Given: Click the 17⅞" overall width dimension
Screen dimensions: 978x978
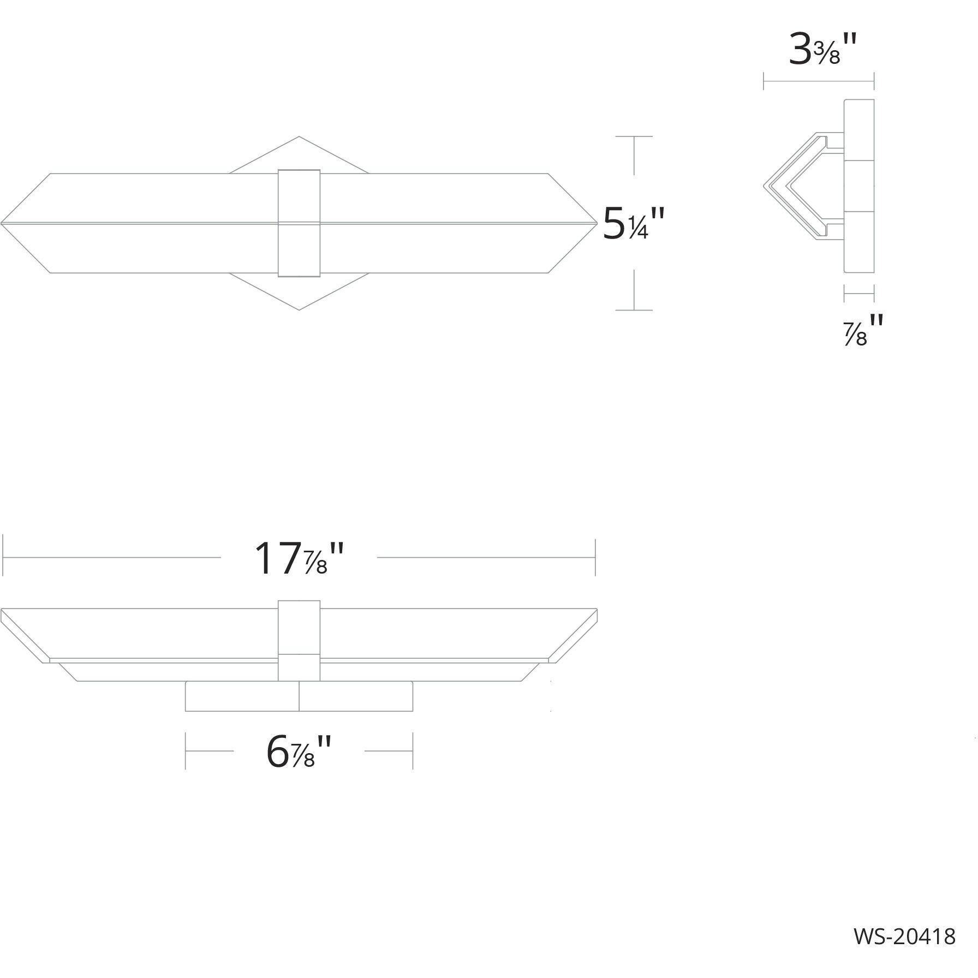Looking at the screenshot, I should tap(299, 558).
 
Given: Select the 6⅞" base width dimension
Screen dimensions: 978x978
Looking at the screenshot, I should tap(299, 752).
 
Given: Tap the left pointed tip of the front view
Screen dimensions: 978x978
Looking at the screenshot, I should tap(3, 223).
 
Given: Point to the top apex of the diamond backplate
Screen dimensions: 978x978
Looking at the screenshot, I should tap(299, 138).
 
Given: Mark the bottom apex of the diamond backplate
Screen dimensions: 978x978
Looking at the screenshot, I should tap(299, 309).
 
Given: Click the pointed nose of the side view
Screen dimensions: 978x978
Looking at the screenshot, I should tap(765, 187).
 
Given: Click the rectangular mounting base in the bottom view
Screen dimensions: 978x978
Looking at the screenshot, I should tap(299, 696).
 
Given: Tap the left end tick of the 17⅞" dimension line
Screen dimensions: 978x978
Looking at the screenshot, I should tap(4, 558).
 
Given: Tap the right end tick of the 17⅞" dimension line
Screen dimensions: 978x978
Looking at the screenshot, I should tap(595, 558).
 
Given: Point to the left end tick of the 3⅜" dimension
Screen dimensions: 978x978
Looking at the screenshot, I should tap(764, 82).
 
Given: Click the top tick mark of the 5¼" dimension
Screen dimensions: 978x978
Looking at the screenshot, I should tap(634, 136).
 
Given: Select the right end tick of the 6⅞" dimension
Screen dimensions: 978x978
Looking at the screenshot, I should tap(413, 752).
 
